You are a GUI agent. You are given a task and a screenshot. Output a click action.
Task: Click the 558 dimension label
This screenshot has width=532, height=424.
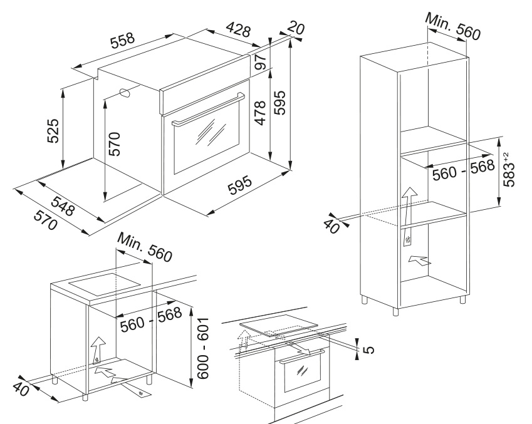[122, 40]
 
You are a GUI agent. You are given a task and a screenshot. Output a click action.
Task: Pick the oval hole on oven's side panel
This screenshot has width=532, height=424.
[125, 94]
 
